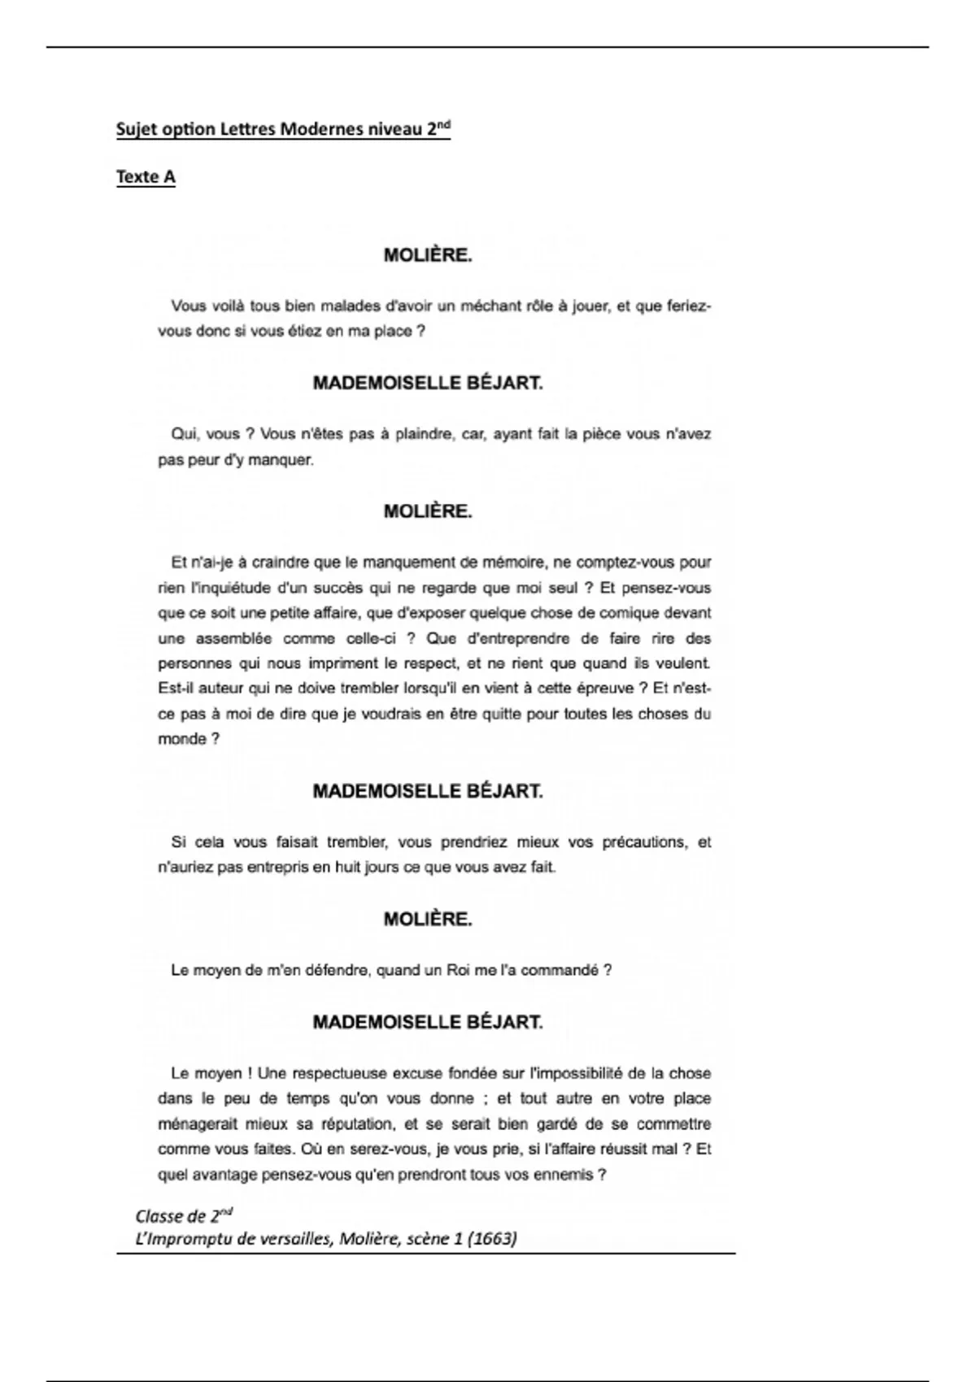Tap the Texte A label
(146, 176)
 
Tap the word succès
(338, 587)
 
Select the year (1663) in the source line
(492, 1239)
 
